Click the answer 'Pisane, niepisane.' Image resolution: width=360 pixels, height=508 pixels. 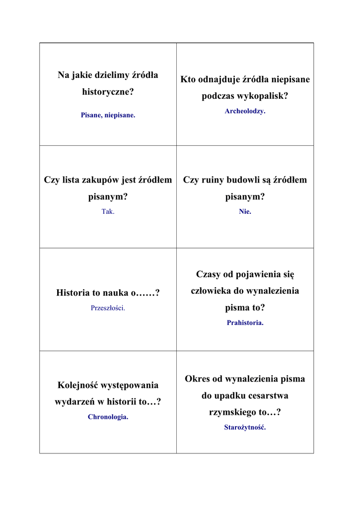pyautogui.click(x=108, y=115)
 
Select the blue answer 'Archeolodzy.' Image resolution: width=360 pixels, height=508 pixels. pyautogui.click(x=245, y=111)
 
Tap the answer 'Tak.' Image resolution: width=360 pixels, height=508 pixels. pyautogui.click(x=108, y=211)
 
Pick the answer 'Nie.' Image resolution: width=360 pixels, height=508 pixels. pyautogui.click(x=245, y=211)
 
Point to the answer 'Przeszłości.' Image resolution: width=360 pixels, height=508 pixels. pyautogui.click(x=108, y=308)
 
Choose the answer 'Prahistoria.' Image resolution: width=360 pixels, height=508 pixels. pyautogui.click(x=245, y=323)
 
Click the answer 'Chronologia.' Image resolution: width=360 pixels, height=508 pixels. pyautogui.click(x=108, y=417)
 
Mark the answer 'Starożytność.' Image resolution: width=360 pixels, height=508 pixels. pyautogui.click(x=245, y=427)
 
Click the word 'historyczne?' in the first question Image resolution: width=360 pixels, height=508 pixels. pyautogui.click(x=108, y=92)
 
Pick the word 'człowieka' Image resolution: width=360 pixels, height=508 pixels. pyautogui.click(x=212, y=291)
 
